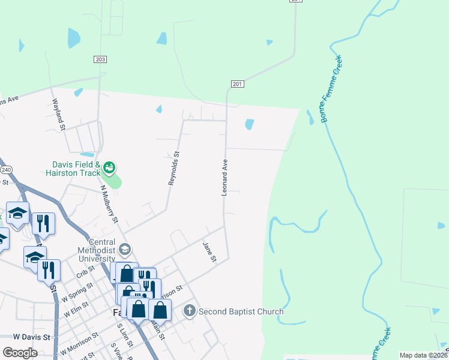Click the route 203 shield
coord(100,59)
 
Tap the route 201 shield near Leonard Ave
coord(237,84)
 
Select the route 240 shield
coord(6,170)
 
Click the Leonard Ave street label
coord(224,177)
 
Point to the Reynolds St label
coord(174,169)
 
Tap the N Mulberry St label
coord(109,204)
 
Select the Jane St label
coord(209,251)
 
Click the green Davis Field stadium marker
coord(109,167)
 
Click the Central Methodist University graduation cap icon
coord(125,248)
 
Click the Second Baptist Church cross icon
coord(190,311)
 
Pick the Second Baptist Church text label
coord(241,311)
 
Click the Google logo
coord(20,352)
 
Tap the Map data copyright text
coord(423,355)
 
